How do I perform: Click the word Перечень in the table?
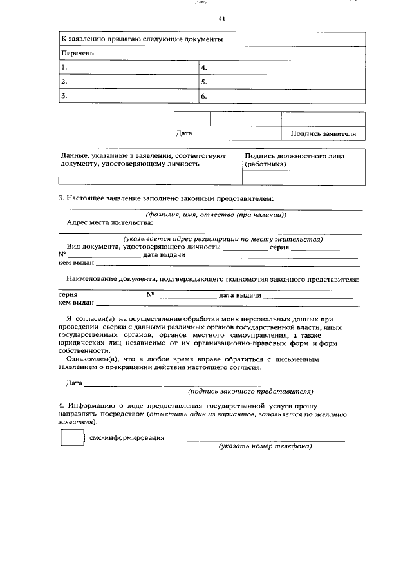coord(77,53)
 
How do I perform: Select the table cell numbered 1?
coord(128,67)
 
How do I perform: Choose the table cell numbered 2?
coord(128,82)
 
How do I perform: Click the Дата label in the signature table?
coord(184,133)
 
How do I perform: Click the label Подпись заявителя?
coord(323,134)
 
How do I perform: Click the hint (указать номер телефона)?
coord(265,446)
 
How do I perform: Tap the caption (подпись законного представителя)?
coord(250,391)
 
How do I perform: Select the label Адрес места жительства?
coord(110,222)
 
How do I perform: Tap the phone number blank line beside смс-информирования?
coord(265,439)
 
